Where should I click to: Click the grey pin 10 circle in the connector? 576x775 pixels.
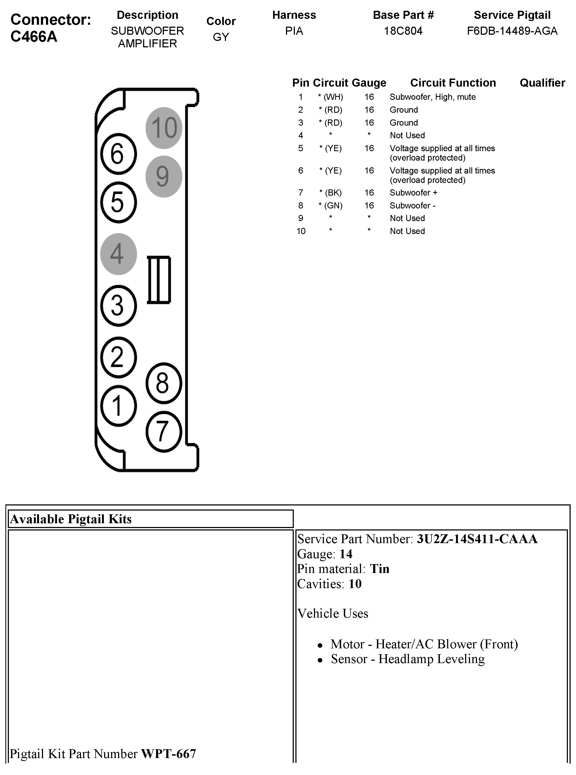tap(164, 128)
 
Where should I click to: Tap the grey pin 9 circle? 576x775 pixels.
tap(164, 176)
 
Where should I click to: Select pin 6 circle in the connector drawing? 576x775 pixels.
tap(118, 154)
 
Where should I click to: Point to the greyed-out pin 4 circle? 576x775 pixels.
tap(118, 254)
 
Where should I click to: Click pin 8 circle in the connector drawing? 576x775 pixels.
tap(164, 383)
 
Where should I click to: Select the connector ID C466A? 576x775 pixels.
tap(34, 37)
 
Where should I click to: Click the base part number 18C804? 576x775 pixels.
tap(403, 31)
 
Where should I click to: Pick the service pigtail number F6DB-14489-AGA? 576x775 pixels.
tap(512, 31)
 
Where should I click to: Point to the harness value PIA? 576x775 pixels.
tap(294, 31)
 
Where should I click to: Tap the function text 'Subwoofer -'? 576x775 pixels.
tap(412, 205)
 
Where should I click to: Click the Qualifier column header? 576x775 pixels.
tap(542, 83)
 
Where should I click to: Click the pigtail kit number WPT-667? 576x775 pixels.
tap(168, 753)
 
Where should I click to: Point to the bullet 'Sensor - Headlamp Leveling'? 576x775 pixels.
tap(408, 659)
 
